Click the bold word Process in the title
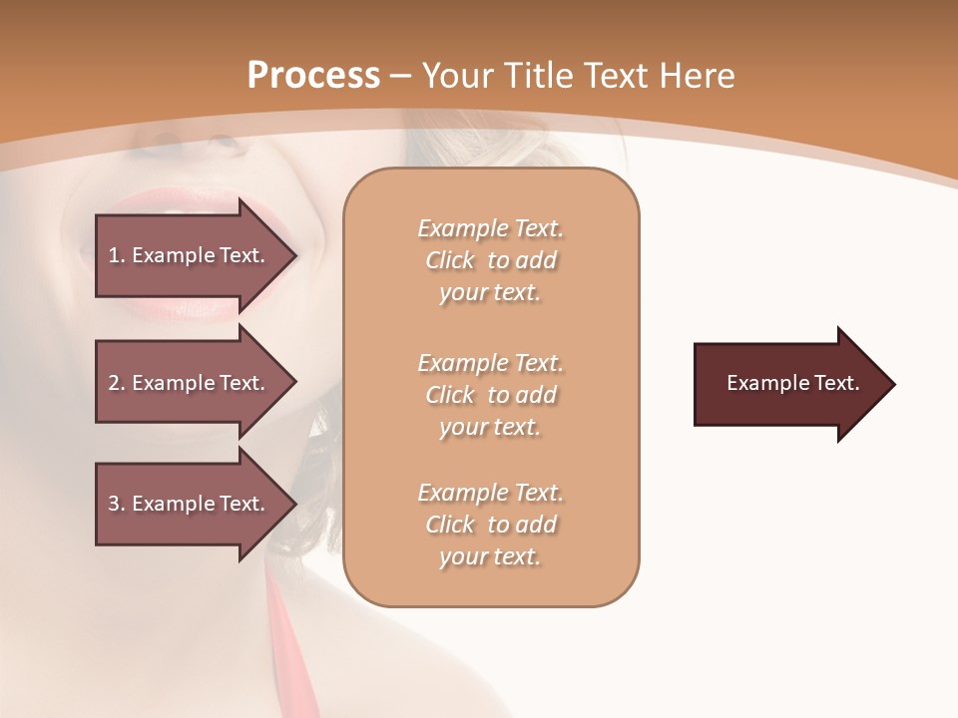tap(313, 76)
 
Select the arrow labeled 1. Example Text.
tap(190, 255)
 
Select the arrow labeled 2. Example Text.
tap(190, 383)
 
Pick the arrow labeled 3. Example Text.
tap(190, 504)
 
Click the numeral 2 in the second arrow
tap(114, 383)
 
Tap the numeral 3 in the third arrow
tap(114, 504)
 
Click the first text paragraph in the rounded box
tap(490, 260)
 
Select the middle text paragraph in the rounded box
tap(490, 395)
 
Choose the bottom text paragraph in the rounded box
tap(490, 525)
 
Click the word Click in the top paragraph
tap(450, 260)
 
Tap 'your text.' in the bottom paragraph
tap(490, 556)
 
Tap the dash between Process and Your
tap(401, 76)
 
